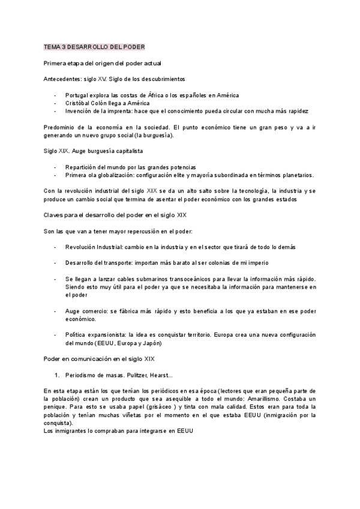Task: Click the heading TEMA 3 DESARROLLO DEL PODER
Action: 94,47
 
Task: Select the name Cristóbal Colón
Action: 93,103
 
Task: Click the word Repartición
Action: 84,167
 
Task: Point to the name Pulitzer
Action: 134,375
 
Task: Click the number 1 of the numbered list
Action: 56,375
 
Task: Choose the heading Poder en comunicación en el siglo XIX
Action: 99,359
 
